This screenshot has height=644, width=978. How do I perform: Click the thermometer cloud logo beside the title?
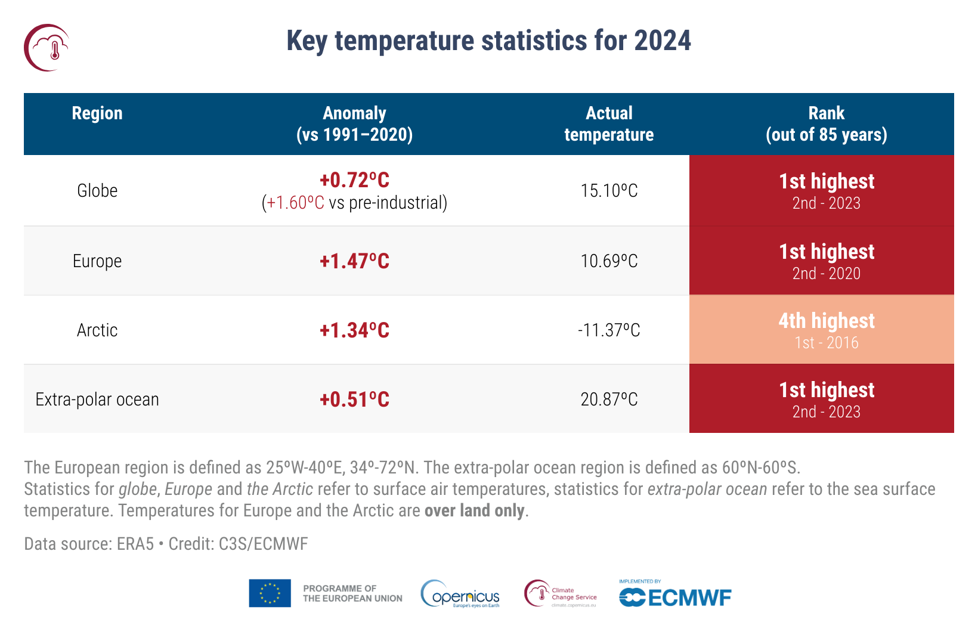click(x=47, y=48)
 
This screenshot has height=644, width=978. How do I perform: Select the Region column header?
click(x=97, y=113)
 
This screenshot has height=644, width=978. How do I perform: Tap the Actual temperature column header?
click(x=609, y=124)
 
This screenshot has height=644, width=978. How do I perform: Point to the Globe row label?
click(x=97, y=191)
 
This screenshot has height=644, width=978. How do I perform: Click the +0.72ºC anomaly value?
click(x=354, y=180)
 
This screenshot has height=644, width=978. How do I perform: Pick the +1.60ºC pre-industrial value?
click(x=296, y=203)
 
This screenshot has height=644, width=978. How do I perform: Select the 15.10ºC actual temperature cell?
click(x=609, y=191)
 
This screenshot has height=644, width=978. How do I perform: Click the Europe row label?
click(x=97, y=261)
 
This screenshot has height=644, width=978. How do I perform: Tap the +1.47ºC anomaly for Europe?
click(x=354, y=261)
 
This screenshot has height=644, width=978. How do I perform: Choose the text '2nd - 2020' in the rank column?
click(x=826, y=274)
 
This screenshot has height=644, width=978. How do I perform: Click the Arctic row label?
click(x=97, y=330)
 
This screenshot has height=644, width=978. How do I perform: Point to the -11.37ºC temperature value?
click(x=609, y=330)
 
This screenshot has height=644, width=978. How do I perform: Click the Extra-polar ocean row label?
click(x=97, y=400)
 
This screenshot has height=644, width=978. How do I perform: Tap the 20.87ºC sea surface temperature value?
click(x=609, y=400)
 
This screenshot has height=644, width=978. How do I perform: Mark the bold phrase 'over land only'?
click(x=475, y=511)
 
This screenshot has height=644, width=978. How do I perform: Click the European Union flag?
click(x=270, y=593)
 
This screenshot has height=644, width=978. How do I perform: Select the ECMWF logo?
click(x=675, y=597)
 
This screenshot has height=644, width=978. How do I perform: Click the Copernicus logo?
click(x=460, y=595)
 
